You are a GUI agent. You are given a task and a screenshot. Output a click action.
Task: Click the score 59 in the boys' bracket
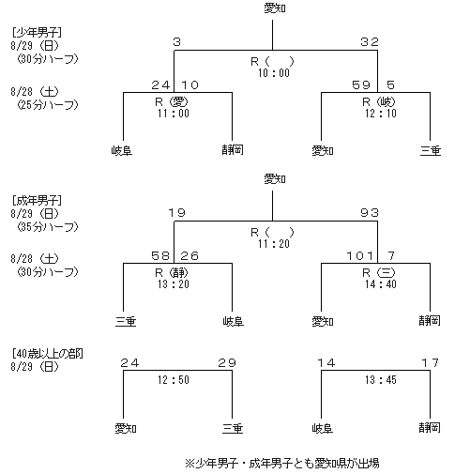pyautogui.click(x=361, y=84)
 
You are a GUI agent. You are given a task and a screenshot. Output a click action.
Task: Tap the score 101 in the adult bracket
pyautogui.click(x=360, y=256)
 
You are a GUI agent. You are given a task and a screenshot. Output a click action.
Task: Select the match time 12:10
pyautogui.click(x=381, y=113)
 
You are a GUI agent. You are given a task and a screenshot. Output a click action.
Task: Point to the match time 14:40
pyautogui.click(x=381, y=283)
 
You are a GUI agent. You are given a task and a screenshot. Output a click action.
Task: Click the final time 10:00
pyautogui.click(x=274, y=73)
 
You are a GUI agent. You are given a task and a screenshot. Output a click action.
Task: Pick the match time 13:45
pyautogui.click(x=381, y=379)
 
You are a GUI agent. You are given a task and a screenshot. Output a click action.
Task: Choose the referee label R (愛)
pyautogui.click(x=172, y=101)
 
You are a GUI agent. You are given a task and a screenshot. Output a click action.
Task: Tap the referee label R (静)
pyautogui.click(x=172, y=273)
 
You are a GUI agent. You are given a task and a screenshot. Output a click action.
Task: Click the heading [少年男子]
pyautogui.click(x=37, y=32)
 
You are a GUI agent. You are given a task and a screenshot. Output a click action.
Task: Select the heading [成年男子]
pyautogui.click(x=37, y=200)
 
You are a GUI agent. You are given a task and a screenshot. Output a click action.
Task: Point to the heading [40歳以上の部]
pyautogui.click(x=48, y=354)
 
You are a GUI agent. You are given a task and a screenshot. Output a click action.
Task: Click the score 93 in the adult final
pyautogui.click(x=370, y=213)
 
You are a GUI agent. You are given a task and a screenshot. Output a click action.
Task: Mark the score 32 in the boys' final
pyautogui.click(x=370, y=42)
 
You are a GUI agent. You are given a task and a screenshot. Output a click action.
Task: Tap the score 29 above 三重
pyautogui.click(x=227, y=363)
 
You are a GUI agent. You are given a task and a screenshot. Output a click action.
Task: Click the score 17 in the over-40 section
pyautogui.click(x=431, y=363)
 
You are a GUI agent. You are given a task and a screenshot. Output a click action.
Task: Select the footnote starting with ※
pyautogui.click(x=282, y=463)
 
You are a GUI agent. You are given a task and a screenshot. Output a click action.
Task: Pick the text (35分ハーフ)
pyautogui.click(x=48, y=226)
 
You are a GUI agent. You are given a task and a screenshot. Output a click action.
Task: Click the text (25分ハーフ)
pyautogui.click(x=48, y=104)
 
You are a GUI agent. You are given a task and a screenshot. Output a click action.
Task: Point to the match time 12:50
pyautogui.click(x=174, y=379)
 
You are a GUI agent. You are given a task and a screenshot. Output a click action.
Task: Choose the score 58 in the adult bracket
pyautogui.click(x=160, y=256)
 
